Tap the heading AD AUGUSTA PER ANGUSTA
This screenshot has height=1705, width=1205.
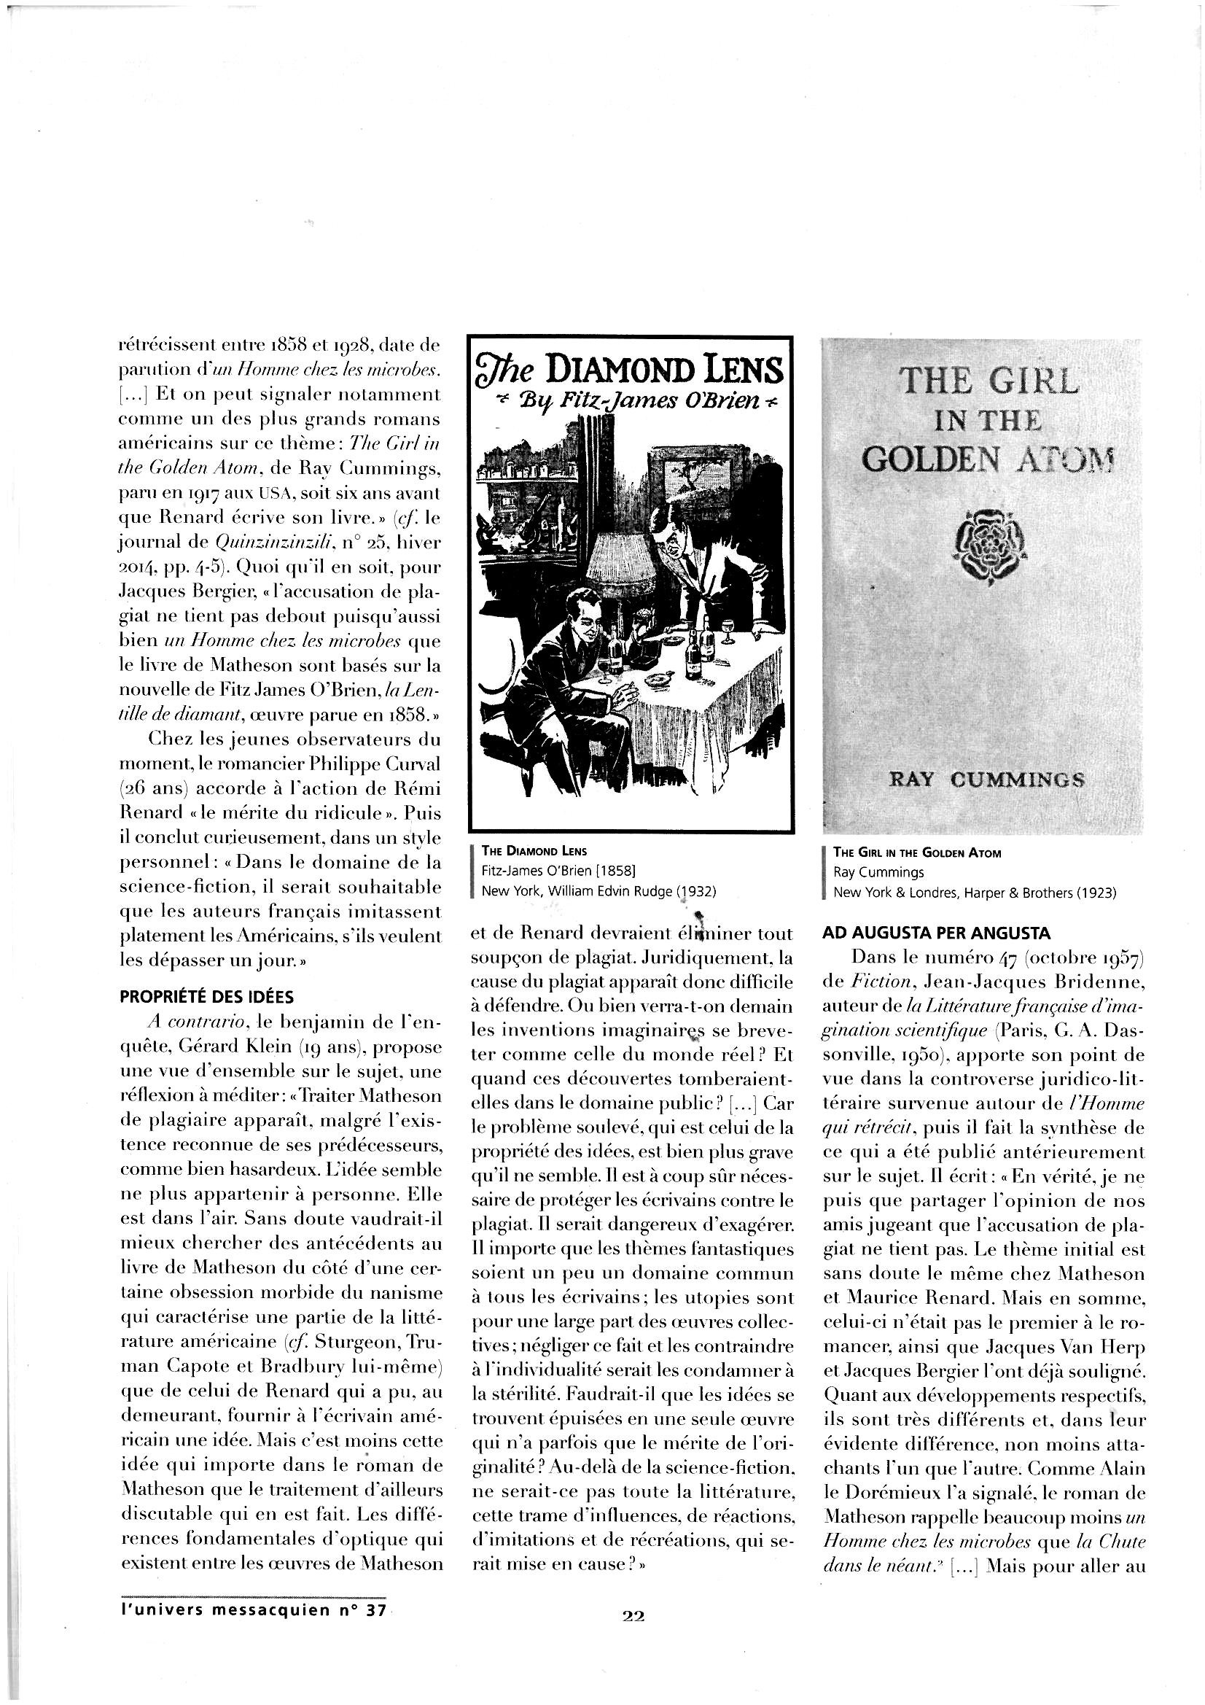pos(935,933)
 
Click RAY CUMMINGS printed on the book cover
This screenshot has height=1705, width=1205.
pos(988,780)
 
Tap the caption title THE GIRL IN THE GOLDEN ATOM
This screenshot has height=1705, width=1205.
pos(917,852)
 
